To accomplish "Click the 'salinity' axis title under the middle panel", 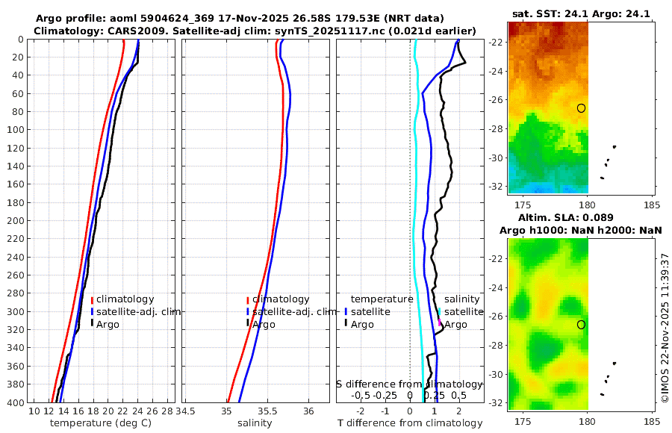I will point(255,423).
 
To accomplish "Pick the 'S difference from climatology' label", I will point(408,383).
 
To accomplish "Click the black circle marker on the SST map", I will point(581,108).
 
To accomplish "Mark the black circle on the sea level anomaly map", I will point(581,325).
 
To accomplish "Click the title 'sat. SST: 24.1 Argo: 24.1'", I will point(581,13).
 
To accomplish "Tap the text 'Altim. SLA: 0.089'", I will point(581,218).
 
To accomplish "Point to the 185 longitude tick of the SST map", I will point(650,205).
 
